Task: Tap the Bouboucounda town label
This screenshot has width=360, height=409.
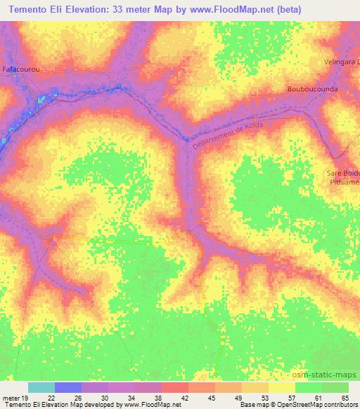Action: (x=313, y=89)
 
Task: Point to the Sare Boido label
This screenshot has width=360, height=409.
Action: (x=344, y=172)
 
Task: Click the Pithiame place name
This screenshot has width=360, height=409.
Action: (x=345, y=181)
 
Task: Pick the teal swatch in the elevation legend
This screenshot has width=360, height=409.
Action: (x=41, y=387)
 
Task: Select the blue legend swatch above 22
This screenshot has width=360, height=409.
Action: (x=68, y=387)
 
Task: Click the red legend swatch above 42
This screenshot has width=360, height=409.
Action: (x=175, y=387)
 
